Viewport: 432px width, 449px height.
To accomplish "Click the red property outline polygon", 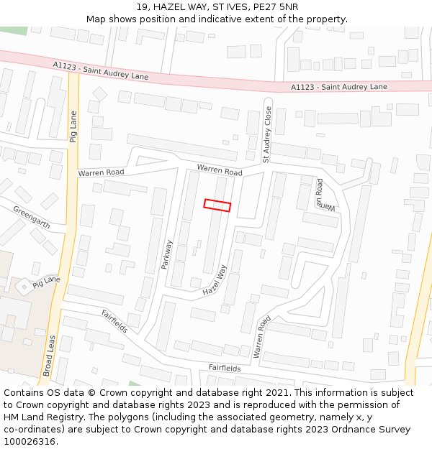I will tap(217, 205).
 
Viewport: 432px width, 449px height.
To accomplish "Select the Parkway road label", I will tap(168, 254).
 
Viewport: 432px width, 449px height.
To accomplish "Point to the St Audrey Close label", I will tap(266, 135).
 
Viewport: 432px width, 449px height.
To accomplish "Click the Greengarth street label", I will tap(32, 218).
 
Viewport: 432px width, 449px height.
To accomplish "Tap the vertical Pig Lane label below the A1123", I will tap(73, 126).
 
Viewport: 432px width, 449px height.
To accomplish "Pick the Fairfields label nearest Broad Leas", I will tap(114, 321).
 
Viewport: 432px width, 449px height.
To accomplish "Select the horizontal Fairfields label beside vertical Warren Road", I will tap(225, 368).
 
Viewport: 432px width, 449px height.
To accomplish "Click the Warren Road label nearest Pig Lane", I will tap(101, 172).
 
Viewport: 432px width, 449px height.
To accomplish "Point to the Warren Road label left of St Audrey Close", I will tap(220, 171).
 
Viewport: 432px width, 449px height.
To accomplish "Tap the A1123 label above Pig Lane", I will tap(101, 70).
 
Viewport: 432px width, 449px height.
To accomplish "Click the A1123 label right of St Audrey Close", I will tap(338, 87).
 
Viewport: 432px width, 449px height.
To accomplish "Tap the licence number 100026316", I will tap(30, 442).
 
